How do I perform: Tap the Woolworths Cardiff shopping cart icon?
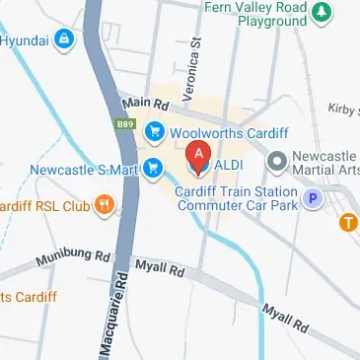[x=155, y=131]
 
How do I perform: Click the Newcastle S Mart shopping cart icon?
[x=153, y=169]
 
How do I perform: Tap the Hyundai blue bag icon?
[x=64, y=40]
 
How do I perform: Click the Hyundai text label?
[x=25, y=40]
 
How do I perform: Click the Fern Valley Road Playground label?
[x=254, y=12]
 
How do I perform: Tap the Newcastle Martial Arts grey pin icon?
[x=276, y=159]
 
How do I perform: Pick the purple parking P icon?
[x=313, y=199]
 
